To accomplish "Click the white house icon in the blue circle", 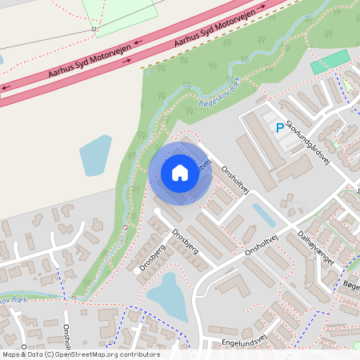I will tap(179, 172).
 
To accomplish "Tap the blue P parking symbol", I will tap(279, 127).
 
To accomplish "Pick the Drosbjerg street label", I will tap(152, 254).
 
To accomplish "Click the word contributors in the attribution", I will tap(140, 354).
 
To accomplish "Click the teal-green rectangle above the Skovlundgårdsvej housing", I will tap(330, 62).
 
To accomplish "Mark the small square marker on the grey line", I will tap(94, 30).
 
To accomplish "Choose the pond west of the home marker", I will tap(95, 155).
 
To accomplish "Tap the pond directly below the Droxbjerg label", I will tap(167, 294).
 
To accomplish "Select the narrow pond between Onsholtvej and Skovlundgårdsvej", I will tap(263, 215).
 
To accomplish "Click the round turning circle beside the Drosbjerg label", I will tap(157, 212).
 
